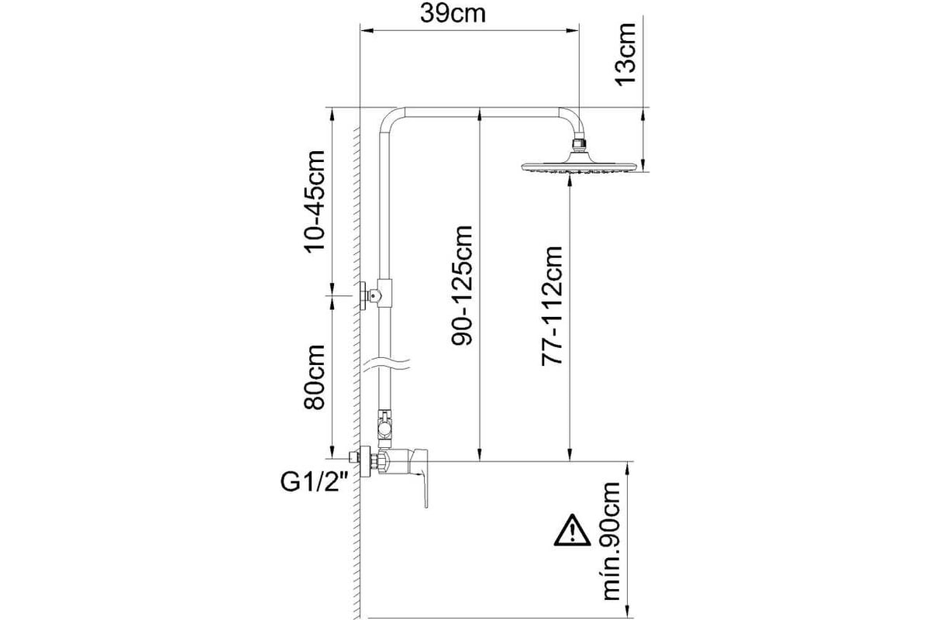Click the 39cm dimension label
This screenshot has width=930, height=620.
pyautogui.click(x=453, y=14)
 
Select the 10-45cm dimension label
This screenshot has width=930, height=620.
pyautogui.click(x=315, y=201)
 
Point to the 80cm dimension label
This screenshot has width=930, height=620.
pyautogui.click(x=315, y=377)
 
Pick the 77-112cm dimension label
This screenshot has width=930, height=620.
pyautogui.click(x=552, y=305)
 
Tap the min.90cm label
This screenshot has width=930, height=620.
pyautogui.click(x=611, y=541)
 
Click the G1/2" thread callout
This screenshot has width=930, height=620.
pyautogui.click(x=314, y=482)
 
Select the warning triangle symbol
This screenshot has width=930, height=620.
pyautogui.click(x=572, y=531)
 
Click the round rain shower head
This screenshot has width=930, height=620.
pyautogui.click(x=578, y=165)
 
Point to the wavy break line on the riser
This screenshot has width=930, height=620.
pyautogui.click(x=387, y=364)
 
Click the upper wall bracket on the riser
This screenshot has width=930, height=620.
pyautogui.click(x=375, y=295)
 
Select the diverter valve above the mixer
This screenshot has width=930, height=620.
pyautogui.click(x=384, y=429)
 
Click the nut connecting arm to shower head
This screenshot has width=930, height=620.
pyautogui.click(x=579, y=144)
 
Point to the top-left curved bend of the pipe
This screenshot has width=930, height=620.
pyautogui.click(x=389, y=118)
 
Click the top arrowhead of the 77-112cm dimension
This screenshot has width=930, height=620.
pyautogui.click(x=570, y=181)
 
